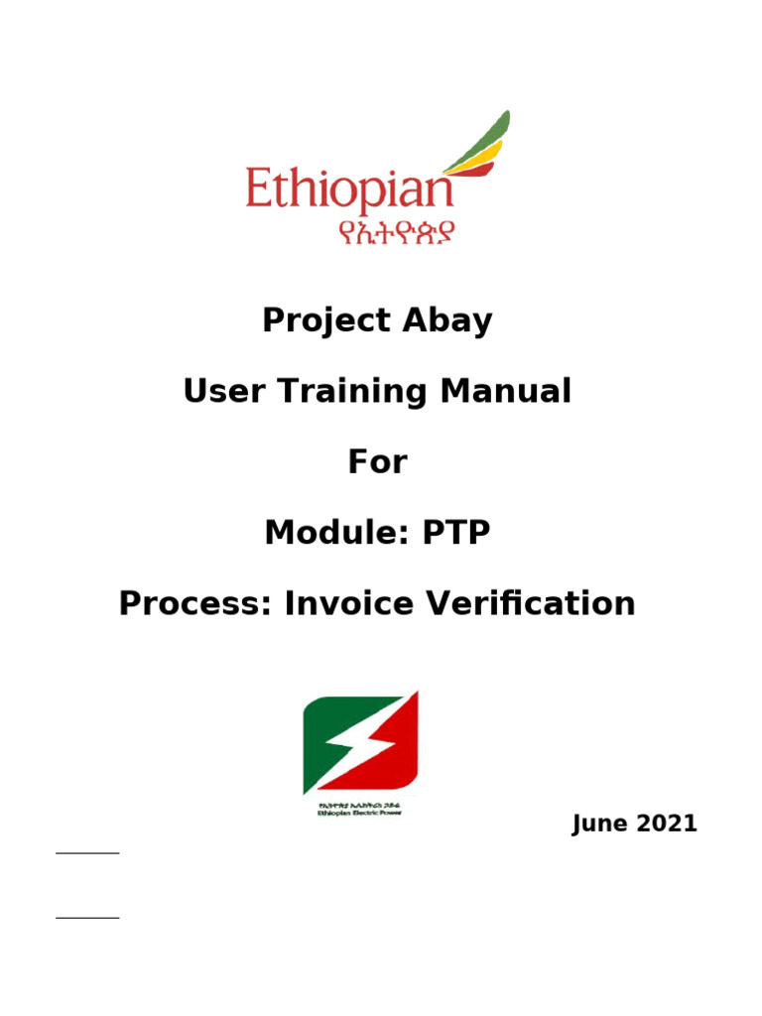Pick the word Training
pyautogui.click(x=337, y=393)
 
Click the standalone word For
pyautogui.click(x=377, y=462)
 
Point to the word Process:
pyautogui.click(x=195, y=603)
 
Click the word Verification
pyautogui.click(x=528, y=603)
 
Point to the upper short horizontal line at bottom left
pyautogui.click(x=87, y=852)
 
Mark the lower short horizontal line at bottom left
pyautogui.click(x=87, y=918)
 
